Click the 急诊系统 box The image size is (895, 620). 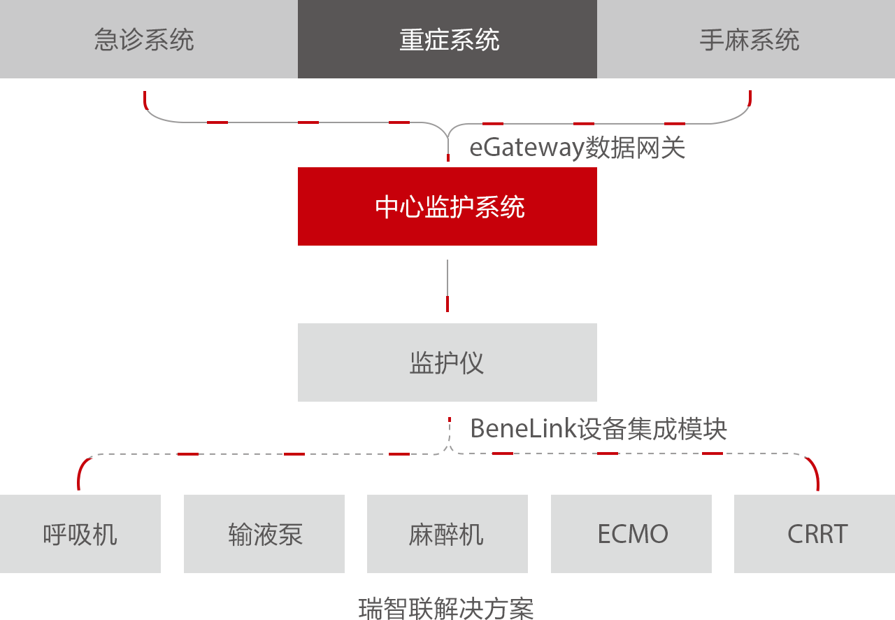point(148,39)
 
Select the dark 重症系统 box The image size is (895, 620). point(447,39)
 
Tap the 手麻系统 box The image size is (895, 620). point(746,39)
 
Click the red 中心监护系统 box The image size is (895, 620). point(447,206)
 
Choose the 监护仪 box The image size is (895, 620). point(447,362)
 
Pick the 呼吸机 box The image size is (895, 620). point(80,534)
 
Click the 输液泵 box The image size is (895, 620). point(264,534)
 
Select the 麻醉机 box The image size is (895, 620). point(447,534)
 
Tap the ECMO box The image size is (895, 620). point(631,534)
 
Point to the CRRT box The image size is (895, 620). point(815,534)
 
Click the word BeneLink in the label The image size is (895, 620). point(523,428)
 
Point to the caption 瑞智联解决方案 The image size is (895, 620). point(446,607)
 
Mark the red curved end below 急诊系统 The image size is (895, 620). point(145,101)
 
